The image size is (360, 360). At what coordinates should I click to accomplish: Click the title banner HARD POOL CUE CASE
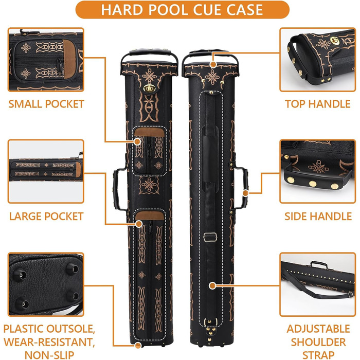coord(182,10)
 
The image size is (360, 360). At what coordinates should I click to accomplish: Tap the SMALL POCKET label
coord(46,104)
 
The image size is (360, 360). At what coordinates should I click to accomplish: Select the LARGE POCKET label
coord(46,217)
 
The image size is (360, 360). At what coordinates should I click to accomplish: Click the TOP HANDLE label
coord(318,104)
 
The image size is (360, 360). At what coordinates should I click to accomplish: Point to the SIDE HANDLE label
coord(318,217)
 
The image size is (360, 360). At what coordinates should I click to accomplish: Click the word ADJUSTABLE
coord(318,329)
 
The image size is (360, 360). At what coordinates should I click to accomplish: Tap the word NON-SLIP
coord(49,355)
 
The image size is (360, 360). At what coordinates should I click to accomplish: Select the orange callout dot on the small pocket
coord(137,141)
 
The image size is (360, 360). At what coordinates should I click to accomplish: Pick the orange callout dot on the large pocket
coord(139,224)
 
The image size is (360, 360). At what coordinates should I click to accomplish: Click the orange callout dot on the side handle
coord(245,193)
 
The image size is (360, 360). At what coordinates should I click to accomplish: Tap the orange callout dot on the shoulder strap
coord(212,285)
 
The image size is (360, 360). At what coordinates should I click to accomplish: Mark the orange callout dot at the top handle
coord(213,64)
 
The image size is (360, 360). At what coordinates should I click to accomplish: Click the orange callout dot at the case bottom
coord(138,345)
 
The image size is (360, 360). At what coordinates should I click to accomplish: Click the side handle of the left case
coord(118,189)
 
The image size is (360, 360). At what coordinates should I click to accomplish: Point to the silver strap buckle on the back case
coord(210,237)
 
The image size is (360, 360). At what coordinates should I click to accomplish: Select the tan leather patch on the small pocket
coord(150,133)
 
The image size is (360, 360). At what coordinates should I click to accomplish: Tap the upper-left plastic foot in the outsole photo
coord(20,276)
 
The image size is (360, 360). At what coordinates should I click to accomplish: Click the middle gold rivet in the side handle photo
coord(313,184)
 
